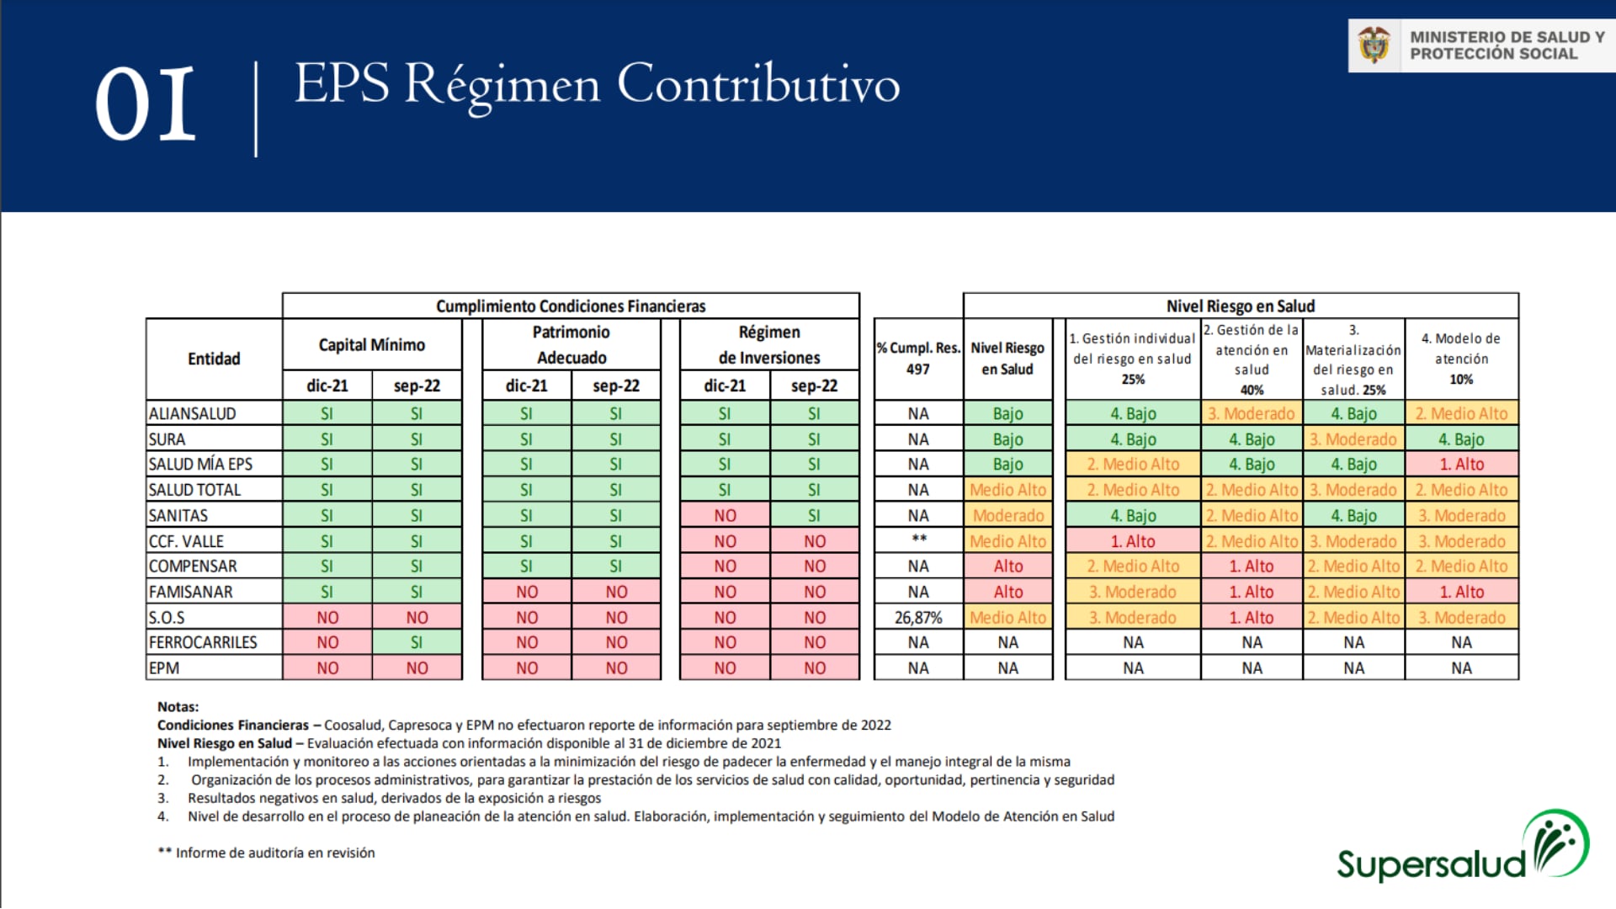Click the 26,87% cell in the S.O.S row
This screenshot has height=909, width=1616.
[x=917, y=618]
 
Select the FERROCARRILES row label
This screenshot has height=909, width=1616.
[x=203, y=643]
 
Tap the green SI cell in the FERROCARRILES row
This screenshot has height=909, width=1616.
[x=417, y=643]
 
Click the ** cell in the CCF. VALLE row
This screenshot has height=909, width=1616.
[x=918, y=540]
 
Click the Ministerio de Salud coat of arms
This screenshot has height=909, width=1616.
[x=1374, y=45]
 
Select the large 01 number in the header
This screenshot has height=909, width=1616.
[x=146, y=104]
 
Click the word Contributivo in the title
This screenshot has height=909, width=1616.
[x=757, y=84]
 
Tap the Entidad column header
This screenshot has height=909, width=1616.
[x=214, y=359]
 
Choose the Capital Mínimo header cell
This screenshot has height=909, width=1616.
[x=371, y=345]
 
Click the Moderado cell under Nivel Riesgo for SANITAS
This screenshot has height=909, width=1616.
[x=1007, y=516]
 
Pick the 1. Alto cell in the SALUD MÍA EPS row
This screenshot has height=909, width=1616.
[x=1461, y=465]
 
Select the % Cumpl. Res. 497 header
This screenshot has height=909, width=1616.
[x=918, y=359]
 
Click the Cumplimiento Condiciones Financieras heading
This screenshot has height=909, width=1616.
[x=571, y=306]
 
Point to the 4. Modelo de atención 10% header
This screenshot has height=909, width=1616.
[x=1461, y=359]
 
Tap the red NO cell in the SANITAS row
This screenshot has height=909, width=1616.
[x=725, y=516]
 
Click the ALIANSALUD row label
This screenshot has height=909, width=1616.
[x=193, y=414]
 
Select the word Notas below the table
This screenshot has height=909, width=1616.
[x=178, y=707]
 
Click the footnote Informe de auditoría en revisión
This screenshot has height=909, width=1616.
[x=274, y=853]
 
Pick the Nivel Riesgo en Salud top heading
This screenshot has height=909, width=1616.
[x=1240, y=306]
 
